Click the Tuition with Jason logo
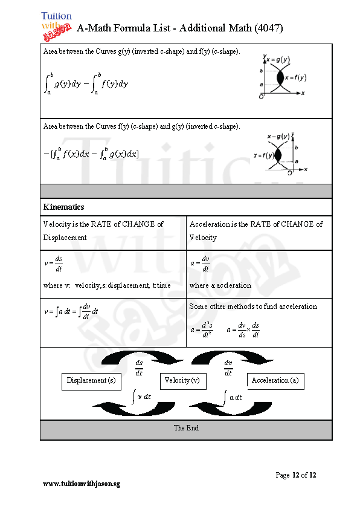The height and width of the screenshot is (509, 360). (56, 24)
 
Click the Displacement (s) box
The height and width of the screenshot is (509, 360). (91, 381)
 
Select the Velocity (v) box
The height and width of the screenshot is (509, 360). (182, 381)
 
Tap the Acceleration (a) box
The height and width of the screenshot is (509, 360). (275, 381)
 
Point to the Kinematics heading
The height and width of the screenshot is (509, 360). (63, 207)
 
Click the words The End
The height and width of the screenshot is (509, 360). (186, 428)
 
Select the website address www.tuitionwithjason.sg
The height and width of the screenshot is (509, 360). (82, 484)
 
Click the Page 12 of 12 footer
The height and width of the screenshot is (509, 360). (295, 475)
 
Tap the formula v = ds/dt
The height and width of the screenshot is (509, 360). (54, 264)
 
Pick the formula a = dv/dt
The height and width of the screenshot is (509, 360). (200, 264)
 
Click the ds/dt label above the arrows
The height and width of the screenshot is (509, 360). (139, 368)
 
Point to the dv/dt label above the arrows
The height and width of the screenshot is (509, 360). (228, 368)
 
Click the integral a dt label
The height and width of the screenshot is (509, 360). (232, 397)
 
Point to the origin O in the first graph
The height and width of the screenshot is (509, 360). (261, 97)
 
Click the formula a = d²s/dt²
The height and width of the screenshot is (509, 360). (201, 330)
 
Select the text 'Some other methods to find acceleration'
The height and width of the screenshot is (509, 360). (253, 306)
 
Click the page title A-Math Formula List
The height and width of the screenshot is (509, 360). (180, 28)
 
